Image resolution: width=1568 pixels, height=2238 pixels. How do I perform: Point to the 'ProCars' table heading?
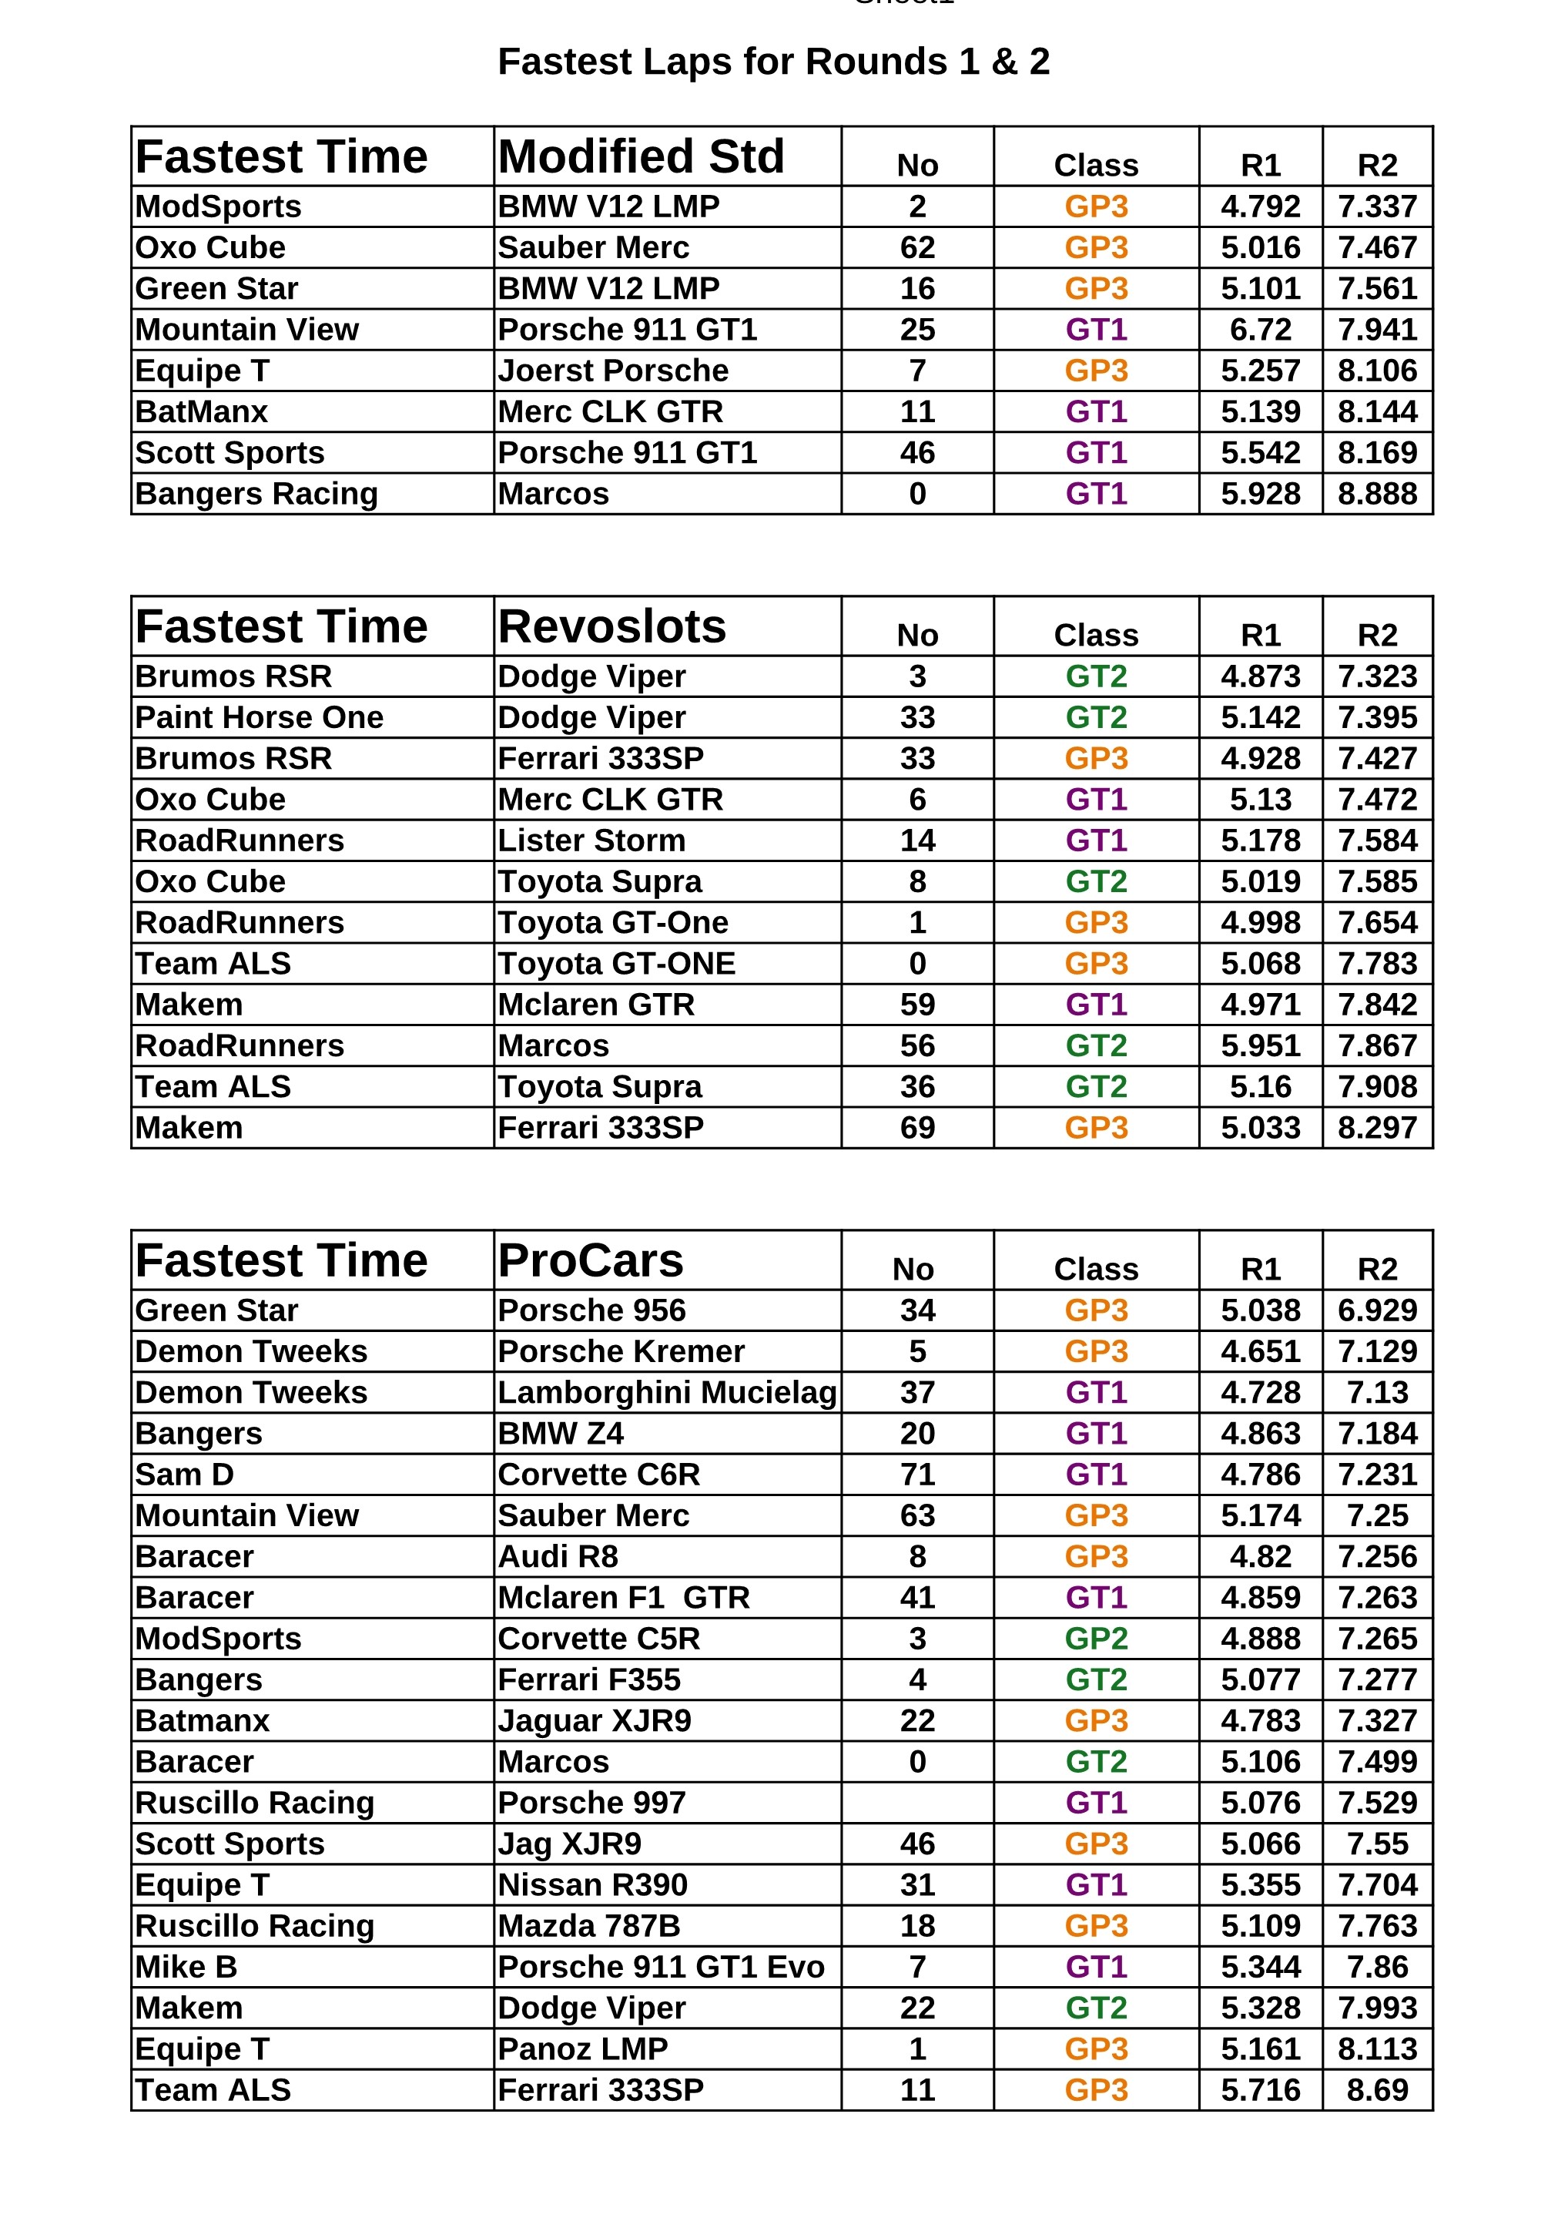tap(590, 1260)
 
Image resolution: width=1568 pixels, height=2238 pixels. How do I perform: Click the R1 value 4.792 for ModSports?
tap(1260, 206)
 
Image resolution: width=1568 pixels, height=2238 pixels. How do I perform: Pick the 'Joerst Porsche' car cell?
tap(612, 371)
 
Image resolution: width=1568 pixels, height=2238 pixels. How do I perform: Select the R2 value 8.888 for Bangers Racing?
tap(1376, 493)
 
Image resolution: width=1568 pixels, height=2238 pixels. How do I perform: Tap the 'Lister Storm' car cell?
tap(591, 841)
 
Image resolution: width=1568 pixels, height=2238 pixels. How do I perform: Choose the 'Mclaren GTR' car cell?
tap(595, 1004)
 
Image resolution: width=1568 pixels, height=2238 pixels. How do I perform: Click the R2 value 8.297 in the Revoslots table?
tap(1376, 1128)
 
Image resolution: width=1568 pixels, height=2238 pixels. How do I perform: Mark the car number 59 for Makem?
tap(917, 1004)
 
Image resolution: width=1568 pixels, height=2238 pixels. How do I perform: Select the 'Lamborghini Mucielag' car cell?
tap(667, 1392)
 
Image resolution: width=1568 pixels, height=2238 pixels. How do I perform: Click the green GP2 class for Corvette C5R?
tap(1095, 1639)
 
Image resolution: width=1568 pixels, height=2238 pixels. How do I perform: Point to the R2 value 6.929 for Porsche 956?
tap(1376, 1310)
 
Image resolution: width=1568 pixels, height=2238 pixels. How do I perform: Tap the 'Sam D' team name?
tap(184, 1474)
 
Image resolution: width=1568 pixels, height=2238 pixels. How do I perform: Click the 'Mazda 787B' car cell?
tap(588, 1926)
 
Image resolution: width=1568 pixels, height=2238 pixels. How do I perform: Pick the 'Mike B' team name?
tap(186, 1967)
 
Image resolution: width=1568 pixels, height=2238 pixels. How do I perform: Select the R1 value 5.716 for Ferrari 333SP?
tap(1260, 2090)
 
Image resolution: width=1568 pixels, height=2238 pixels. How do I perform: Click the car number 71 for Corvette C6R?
tap(917, 1474)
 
